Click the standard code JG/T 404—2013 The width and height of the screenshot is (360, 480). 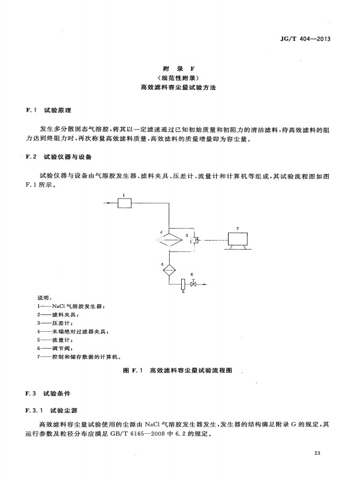(305, 39)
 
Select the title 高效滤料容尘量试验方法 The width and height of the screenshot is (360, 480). (178, 87)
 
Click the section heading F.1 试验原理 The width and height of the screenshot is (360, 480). (49, 110)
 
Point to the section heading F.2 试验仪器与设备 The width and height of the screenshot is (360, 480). (59, 157)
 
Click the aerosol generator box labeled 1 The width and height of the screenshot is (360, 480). (125, 203)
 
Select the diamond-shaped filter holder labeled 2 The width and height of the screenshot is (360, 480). (169, 239)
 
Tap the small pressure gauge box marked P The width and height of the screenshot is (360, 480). (194, 240)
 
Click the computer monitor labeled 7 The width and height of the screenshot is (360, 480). (238, 241)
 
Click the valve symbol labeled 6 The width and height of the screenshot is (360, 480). (193, 283)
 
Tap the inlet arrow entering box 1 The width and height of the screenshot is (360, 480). (111, 203)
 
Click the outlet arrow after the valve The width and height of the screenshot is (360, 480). (202, 284)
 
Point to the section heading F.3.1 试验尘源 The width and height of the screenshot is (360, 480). (52, 410)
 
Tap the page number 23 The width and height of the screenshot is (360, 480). (317, 453)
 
